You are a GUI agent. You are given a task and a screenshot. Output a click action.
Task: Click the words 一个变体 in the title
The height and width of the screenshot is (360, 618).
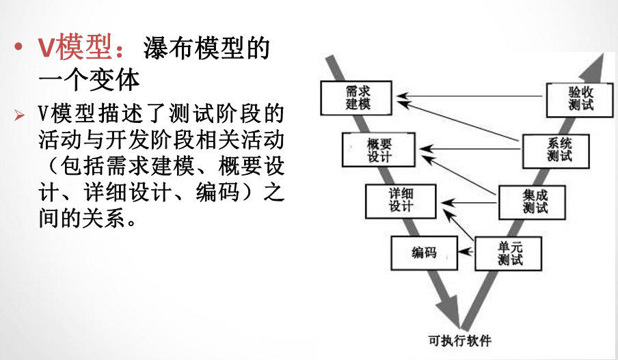point(89,81)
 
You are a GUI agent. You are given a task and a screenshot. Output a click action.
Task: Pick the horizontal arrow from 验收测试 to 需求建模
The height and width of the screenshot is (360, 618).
point(472,97)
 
